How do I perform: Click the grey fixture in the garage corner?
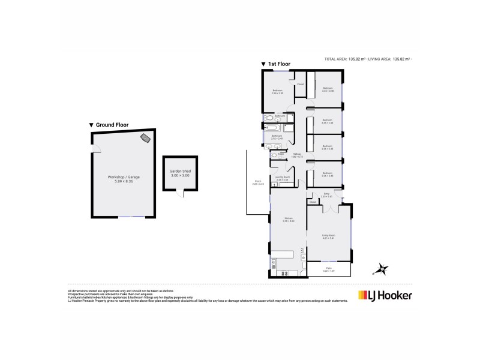pos(146,139)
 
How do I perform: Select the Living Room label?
pos(328,236)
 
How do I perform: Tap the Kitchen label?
pos(288,220)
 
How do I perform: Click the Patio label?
pos(328,269)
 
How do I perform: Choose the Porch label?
pos(258,182)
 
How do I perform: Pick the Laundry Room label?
pos(283,178)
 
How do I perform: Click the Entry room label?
pos(327,194)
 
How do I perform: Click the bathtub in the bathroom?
pos(272,128)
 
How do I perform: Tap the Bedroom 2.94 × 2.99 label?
pos(277,92)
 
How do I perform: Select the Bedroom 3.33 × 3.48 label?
pos(328,90)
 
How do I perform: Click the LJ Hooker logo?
pos(385,295)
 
